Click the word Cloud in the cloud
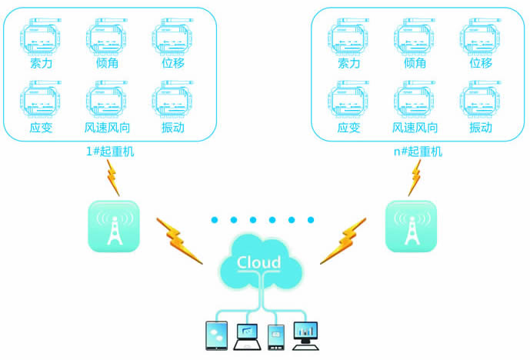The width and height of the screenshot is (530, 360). click(259, 263)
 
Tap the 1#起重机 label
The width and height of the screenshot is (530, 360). click(110, 152)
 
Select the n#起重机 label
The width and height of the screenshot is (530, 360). click(418, 152)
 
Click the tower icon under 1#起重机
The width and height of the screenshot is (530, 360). click(114, 226)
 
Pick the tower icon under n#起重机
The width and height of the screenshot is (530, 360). click(411, 226)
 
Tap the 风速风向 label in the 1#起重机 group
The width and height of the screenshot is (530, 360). click(108, 128)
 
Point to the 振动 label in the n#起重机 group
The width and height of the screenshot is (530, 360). click(481, 128)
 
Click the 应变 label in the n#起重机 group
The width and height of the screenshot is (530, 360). click(348, 128)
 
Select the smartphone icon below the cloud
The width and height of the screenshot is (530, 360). click(275, 336)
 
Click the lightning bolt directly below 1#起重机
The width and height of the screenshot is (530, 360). click(112, 178)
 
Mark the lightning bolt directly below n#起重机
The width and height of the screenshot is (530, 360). click(415, 178)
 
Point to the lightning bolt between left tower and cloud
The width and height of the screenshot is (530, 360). click(178, 238)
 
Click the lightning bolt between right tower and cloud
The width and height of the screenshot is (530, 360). click(344, 239)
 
